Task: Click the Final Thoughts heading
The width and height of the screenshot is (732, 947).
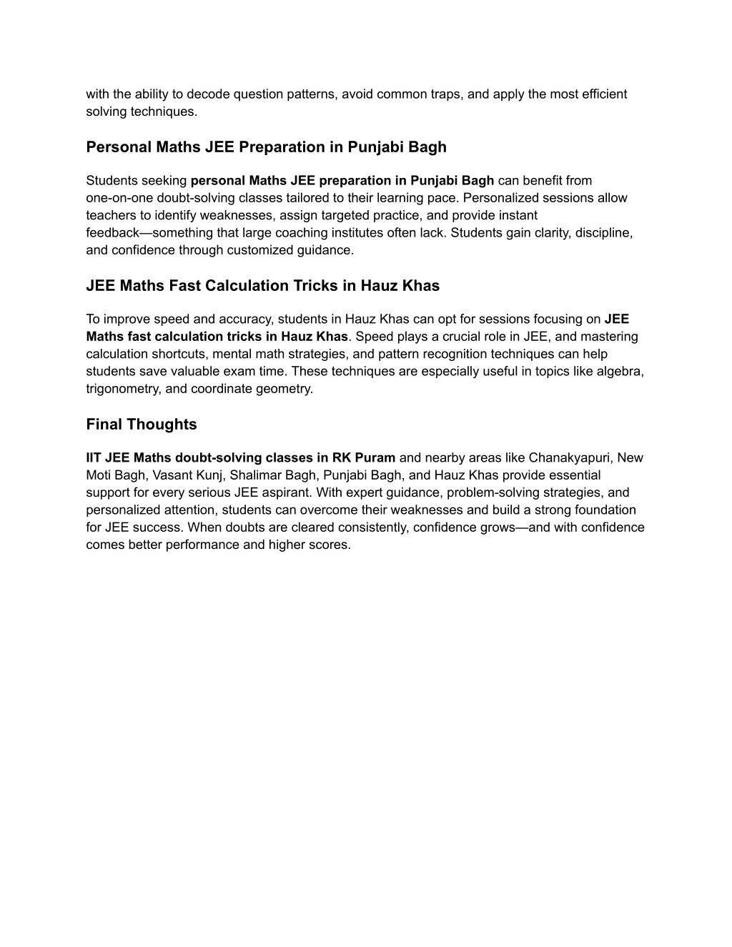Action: click(x=142, y=425)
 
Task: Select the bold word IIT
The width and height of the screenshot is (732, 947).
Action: click(x=94, y=458)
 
